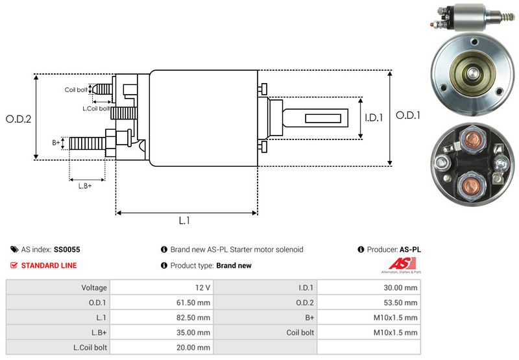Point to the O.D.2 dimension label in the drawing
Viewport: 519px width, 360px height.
(x=18, y=119)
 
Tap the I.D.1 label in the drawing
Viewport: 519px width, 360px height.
(x=375, y=118)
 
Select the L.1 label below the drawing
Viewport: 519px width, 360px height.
(x=184, y=221)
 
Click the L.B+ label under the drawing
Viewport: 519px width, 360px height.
(x=85, y=186)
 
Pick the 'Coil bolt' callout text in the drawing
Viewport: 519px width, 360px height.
(x=76, y=90)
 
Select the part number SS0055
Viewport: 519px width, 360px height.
(x=67, y=249)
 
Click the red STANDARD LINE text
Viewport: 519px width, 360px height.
(x=49, y=265)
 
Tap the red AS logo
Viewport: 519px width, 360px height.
(x=398, y=265)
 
